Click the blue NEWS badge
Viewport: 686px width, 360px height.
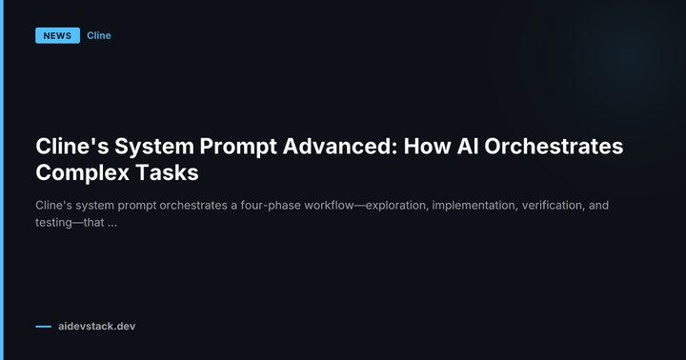[x=57, y=36]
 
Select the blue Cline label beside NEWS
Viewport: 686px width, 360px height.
[x=99, y=36]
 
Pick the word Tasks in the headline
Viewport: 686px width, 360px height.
[x=171, y=173]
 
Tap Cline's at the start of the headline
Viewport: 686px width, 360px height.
[x=69, y=148]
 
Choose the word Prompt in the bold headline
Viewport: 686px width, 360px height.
[x=235, y=148]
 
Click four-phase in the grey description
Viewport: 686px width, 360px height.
[x=247, y=205]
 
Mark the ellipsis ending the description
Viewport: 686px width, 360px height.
[x=112, y=224]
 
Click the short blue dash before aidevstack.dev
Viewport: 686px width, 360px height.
[x=43, y=327]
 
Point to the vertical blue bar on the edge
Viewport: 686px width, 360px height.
[x=2, y=180]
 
